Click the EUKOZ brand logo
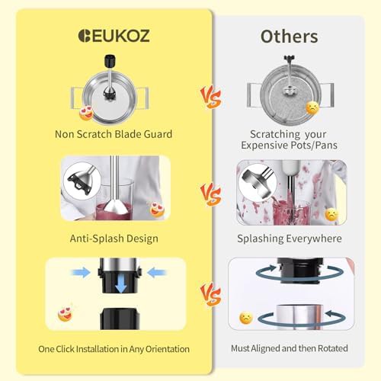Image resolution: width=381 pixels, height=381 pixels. [x=114, y=36]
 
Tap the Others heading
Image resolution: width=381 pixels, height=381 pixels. [x=289, y=37]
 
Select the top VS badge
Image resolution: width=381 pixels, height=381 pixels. [x=211, y=97]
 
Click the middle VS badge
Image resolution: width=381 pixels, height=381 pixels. [x=211, y=194]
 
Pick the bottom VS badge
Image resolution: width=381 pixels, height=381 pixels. [x=211, y=295]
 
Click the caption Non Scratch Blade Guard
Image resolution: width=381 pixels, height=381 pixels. [x=114, y=134]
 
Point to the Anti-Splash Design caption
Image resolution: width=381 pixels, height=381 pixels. [x=114, y=239]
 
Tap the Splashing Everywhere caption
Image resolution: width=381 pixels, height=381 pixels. [x=290, y=239]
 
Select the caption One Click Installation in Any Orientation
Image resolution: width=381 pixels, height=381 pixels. [x=114, y=349]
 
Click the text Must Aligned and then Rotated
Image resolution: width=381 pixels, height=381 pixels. [x=290, y=348]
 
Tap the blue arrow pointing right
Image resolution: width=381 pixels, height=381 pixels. [x=81, y=273]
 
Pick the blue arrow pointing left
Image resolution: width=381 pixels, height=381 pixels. [x=157, y=273]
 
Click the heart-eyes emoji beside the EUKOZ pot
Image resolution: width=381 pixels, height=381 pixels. [x=86, y=114]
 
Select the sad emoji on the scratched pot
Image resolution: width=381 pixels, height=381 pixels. [x=312, y=108]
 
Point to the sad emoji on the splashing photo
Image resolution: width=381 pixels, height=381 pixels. [x=331, y=214]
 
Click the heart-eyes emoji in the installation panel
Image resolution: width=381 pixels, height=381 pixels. [x=66, y=314]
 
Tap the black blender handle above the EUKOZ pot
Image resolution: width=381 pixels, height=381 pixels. [x=110, y=62]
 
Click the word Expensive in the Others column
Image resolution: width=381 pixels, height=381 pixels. [x=264, y=146]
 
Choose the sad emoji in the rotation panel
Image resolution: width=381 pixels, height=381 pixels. [x=246, y=318]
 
